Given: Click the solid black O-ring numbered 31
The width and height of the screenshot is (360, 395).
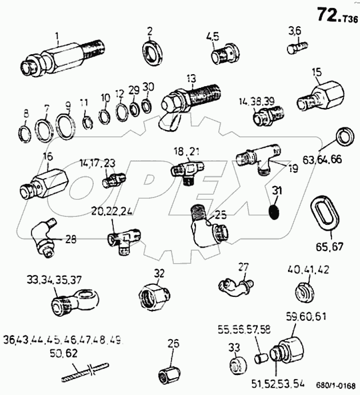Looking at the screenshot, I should coord(275,213).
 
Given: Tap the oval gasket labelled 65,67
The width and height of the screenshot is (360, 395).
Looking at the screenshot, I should coord(323,215).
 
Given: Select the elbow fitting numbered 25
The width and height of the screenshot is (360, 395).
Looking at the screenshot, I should coord(205,231).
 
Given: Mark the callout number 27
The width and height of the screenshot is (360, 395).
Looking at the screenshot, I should coord(244,266).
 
